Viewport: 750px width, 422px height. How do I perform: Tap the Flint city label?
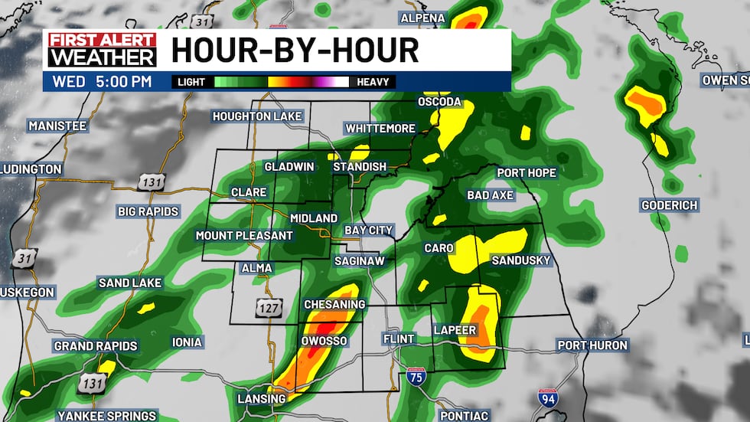(398, 339)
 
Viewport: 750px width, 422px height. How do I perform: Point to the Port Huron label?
(592, 345)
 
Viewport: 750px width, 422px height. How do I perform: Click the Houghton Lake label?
(258, 116)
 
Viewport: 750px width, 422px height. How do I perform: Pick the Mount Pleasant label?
(244, 235)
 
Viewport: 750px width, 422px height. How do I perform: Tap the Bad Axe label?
(491, 195)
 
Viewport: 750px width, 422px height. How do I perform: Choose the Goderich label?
(670, 205)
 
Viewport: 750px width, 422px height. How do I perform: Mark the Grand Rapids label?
(96, 346)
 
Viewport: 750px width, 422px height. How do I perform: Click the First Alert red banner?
(103, 41)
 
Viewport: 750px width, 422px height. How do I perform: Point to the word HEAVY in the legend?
(373, 82)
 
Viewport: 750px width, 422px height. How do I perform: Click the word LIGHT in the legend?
(191, 82)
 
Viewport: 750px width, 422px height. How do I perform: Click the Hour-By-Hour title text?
(295, 51)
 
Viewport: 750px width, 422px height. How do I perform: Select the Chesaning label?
(334, 305)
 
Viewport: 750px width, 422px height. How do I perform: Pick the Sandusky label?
(520, 260)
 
